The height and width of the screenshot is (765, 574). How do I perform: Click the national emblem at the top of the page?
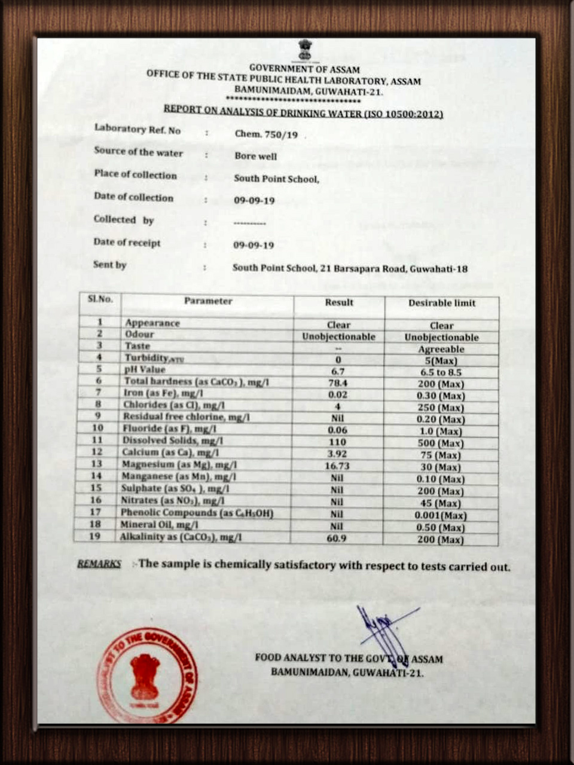(305, 50)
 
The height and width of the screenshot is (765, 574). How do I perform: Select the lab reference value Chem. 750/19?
(266, 134)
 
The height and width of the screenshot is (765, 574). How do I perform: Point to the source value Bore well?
(256, 156)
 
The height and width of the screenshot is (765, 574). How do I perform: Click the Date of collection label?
(133, 197)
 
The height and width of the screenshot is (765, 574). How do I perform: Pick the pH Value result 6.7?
(338, 371)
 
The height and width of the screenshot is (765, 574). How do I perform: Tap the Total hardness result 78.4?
(338, 382)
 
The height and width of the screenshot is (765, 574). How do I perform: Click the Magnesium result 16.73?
(337, 466)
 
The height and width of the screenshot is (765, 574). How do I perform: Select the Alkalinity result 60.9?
(337, 538)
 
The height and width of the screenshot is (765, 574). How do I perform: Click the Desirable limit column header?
(442, 303)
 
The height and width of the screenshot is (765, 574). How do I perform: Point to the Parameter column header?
(208, 301)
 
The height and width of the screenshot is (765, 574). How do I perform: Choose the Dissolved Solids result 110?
(337, 442)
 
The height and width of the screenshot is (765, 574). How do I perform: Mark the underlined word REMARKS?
(99, 564)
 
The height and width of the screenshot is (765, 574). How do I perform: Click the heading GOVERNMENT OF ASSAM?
(304, 69)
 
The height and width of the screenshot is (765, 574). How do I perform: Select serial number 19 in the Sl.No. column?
(94, 536)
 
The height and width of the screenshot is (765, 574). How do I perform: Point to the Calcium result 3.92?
(337, 454)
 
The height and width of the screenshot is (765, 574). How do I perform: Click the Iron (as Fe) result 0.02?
(338, 394)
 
